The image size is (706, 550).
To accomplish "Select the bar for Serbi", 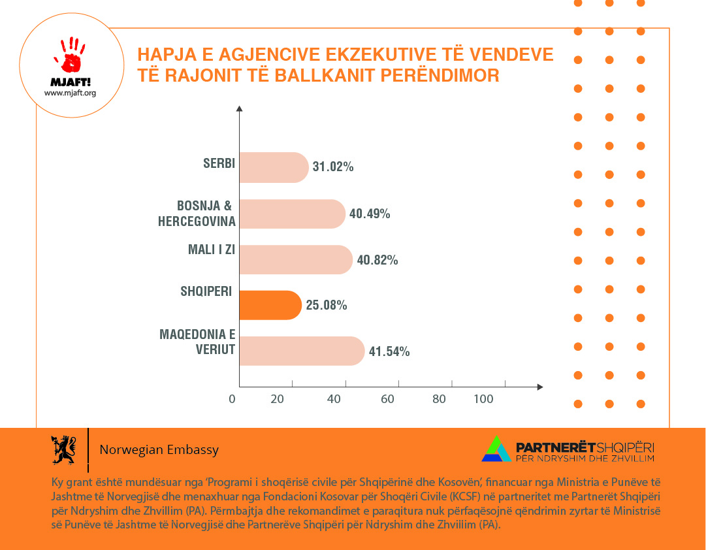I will tap(274, 167).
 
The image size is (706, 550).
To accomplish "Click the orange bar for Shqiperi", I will tap(270, 305).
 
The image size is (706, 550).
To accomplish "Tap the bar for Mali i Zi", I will tap(295, 259).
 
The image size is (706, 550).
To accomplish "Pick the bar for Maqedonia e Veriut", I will tap(302, 351).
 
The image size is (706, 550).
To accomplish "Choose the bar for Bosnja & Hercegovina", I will tap(292, 214).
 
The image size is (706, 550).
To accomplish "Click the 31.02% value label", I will tap(333, 167).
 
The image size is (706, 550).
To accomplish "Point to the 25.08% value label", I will tap(327, 305).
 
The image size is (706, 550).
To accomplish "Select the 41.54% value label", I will tap(389, 351).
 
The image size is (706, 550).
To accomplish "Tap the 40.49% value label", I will tap(370, 214).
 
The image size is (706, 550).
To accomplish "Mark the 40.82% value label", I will tap(377, 260).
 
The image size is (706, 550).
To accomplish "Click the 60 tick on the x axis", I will tap(387, 399).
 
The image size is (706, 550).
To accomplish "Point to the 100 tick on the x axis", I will tap(483, 399).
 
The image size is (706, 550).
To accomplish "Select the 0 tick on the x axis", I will tap(233, 399).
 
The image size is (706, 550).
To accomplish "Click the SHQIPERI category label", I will tap(207, 291).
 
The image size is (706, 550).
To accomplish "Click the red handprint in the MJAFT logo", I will tap(71, 55).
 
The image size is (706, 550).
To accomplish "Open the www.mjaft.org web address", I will tap(70, 93).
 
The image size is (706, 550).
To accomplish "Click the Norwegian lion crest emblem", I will tap(63, 449).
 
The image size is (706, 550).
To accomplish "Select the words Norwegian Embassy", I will tap(159, 450).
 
